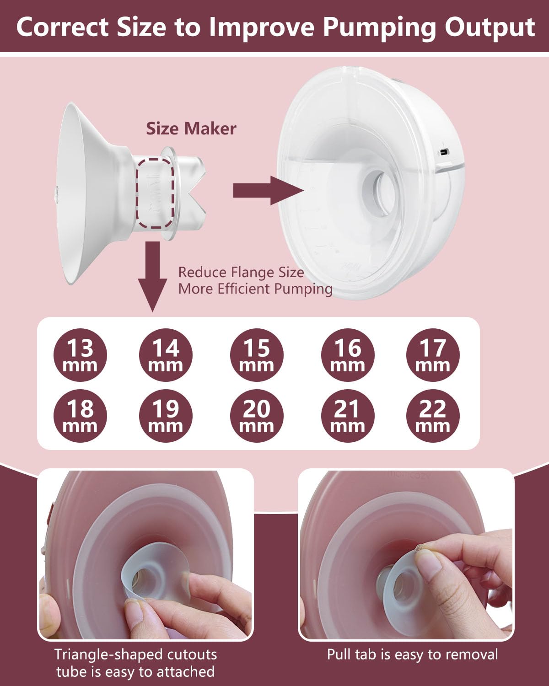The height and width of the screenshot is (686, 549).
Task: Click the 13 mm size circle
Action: [x=80, y=355]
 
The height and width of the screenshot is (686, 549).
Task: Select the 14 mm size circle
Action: [x=165, y=355]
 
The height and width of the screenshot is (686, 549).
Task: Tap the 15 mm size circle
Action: [x=256, y=355]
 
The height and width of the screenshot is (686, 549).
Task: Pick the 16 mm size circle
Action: [x=347, y=355]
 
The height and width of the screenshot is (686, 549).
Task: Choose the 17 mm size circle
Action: [x=432, y=355]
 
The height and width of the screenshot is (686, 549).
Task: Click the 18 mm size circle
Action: [x=80, y=416]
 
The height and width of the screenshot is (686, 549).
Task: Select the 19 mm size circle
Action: [x=165, y=416]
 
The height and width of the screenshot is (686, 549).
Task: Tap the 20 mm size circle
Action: [x=256, y=416]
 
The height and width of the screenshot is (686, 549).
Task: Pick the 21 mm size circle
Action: [x=347, y=416]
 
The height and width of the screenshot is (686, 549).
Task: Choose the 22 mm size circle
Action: [x=432, y=416]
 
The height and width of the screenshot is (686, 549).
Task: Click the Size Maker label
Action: [x=191, y=129]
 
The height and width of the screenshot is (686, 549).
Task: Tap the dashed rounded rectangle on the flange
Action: [x=157, y=193]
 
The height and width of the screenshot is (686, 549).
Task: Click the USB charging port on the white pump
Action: [x=443, y=152]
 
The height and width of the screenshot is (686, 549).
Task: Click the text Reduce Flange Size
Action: [x=241, y=273]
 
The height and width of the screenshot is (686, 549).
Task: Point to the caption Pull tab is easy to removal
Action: [x=412, y=654]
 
